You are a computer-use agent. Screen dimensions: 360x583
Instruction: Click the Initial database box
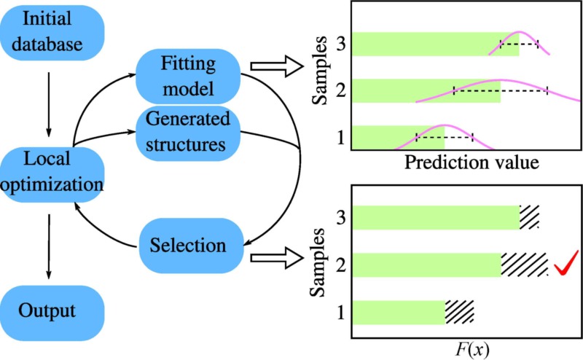point(52,34)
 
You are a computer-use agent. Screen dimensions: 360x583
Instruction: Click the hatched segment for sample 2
point(524,265)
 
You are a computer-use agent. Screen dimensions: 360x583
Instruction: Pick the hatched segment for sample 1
point(460,311)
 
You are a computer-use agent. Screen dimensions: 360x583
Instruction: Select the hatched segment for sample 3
point(530,216)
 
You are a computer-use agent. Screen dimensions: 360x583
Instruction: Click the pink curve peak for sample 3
point(520,33)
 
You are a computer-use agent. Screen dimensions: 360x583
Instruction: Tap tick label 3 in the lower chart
point(340,216)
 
